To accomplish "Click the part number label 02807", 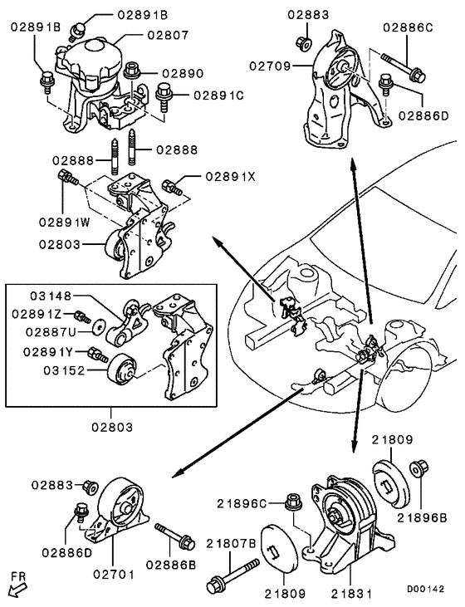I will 169,36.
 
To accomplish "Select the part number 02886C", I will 408,27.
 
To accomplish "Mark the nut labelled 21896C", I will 291,502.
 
